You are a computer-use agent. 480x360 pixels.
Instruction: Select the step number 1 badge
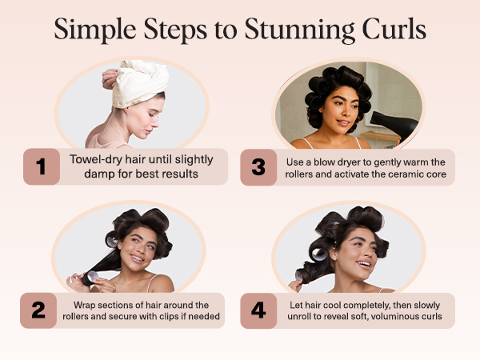(40, 166)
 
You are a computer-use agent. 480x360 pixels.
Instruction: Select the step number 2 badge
(40, 310)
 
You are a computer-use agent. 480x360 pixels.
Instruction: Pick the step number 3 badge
(258, 166)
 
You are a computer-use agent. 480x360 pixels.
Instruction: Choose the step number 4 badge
(258, 310)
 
